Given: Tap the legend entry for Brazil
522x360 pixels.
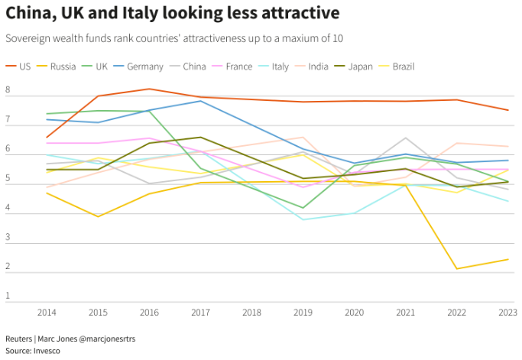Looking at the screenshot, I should point(403,66).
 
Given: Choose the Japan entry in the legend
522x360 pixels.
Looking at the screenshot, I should point(360,66).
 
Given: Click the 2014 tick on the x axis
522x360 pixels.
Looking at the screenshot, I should point(47,313).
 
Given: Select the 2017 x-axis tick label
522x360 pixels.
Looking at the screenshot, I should point(201,313).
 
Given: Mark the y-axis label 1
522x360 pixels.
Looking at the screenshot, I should point(8,295).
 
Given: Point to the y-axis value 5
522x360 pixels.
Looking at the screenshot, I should point(8,179).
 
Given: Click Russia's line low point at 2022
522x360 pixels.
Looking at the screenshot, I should point(457,269).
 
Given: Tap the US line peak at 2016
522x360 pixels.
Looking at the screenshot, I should point(149,89).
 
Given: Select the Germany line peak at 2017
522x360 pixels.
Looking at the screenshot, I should point(201,101).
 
